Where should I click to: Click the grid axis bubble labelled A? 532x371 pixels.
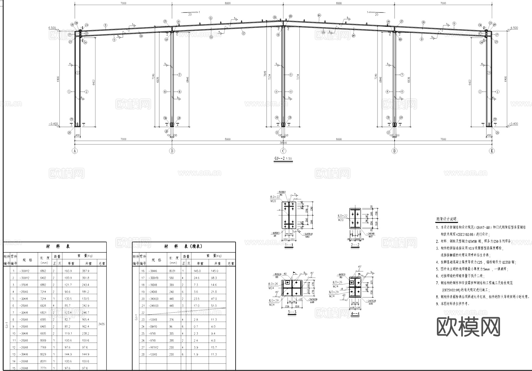click(x=75, y=151)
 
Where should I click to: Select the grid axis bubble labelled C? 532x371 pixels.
click(x=283, y=151)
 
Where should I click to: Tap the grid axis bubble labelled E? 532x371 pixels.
click(x=492, y=151)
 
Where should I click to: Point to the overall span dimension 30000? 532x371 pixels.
click(x=283, y=142)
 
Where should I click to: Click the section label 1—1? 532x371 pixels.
click(x=289, y=245)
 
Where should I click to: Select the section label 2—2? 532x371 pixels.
click(x=355, y=245)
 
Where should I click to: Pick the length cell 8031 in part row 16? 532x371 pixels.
click(x=172, y=271)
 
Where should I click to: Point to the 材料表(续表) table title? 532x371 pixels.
click(x=183, y=246)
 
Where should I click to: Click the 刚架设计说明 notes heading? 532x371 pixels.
click(x=447, y=219)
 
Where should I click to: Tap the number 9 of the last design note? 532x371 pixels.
click(x=437, y=304)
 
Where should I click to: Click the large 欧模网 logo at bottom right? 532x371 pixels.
click(x=468, y=327)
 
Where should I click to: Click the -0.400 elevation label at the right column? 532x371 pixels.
click(x=514, y=124)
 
